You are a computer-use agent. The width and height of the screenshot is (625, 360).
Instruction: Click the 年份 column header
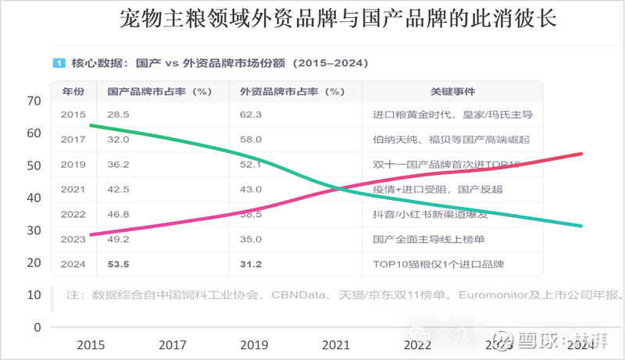click(x=73, y=91)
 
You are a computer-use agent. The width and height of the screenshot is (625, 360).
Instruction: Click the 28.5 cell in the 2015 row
click(x=118, y=115)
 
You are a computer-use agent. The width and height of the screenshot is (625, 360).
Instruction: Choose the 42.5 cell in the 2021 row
click(x=119, y=189)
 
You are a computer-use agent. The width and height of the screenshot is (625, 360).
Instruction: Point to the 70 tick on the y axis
click(x=33, y=101)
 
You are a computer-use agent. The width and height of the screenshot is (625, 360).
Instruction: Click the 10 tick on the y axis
click(x=33, y=295)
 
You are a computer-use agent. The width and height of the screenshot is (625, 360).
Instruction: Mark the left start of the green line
click(x=91, y=125)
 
